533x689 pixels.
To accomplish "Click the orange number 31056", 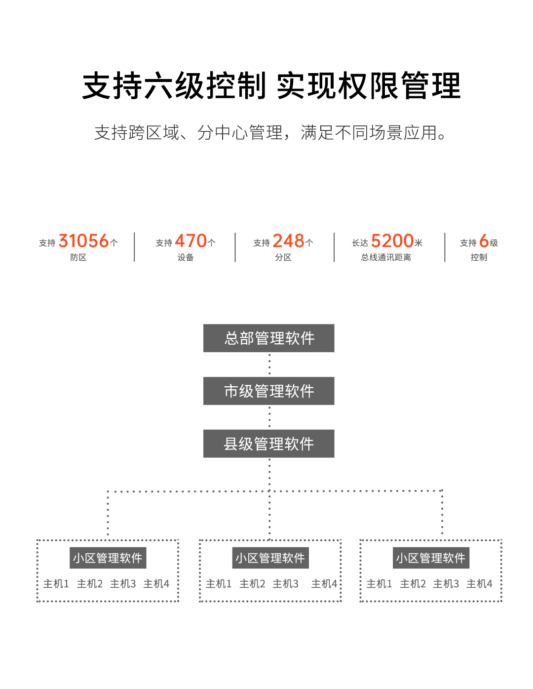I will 83,241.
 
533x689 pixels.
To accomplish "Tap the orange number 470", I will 190,241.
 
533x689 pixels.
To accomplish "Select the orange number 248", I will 288,241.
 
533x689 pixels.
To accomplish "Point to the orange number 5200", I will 392,241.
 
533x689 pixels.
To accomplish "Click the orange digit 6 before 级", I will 484,241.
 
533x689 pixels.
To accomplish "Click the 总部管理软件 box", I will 269,338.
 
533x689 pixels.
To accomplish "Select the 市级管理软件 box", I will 269,391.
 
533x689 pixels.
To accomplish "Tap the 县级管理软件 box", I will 269,444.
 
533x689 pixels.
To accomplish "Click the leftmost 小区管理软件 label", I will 108,558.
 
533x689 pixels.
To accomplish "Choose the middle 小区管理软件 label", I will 270,558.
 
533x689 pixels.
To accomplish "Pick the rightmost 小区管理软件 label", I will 431,558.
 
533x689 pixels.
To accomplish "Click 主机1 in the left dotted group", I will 56,584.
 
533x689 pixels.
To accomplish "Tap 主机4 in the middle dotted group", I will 324,584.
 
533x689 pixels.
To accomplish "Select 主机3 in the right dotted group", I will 446,584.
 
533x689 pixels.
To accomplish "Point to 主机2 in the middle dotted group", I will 252,584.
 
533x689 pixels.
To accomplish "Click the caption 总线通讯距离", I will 386,257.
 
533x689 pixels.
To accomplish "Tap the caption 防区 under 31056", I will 78,257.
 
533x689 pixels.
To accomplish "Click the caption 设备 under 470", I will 186,257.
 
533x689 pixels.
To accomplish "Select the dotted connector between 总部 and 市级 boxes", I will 269,365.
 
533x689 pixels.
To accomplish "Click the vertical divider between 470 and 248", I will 235,247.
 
